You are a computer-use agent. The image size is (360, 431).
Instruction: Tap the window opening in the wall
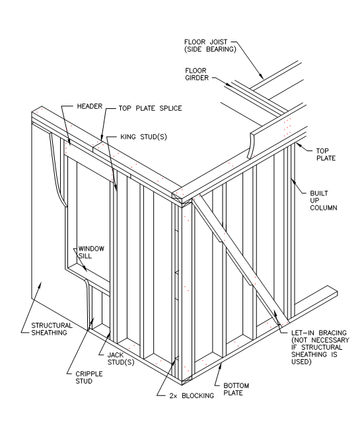(x=92, y=211)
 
